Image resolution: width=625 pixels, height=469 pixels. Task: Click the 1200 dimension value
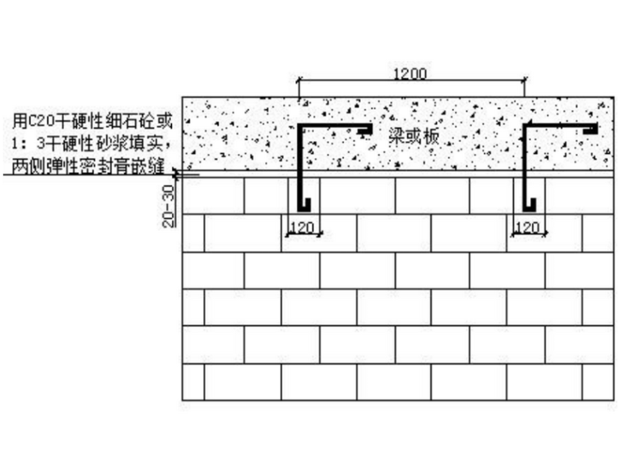point(410,74)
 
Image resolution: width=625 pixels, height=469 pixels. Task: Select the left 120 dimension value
point(303,227)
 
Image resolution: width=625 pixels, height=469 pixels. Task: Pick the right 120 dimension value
point(527,227)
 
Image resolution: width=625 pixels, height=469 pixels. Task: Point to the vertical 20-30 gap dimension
point(169,205)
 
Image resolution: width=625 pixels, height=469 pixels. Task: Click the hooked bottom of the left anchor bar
point(304,202)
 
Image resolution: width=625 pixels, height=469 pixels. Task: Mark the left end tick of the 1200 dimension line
point(299,81)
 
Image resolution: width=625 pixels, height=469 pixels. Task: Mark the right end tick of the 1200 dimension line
point(525,81)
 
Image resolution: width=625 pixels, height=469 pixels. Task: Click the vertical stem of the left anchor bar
point(299,165)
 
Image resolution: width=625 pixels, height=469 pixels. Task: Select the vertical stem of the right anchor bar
point(525,165)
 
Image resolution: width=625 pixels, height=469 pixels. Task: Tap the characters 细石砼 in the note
point(132,122)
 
